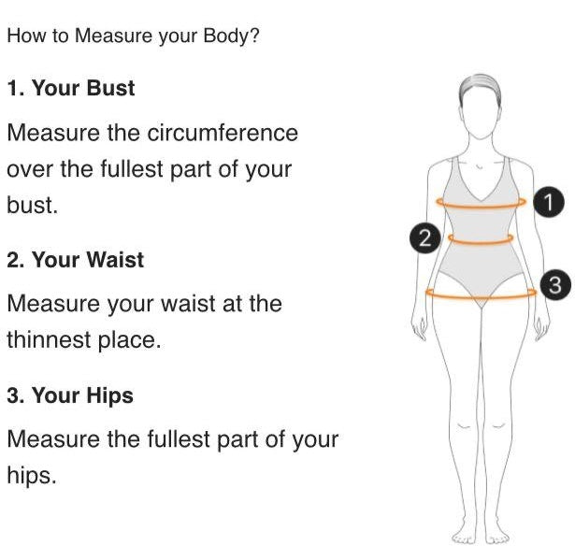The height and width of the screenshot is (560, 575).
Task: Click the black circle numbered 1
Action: (x=548, y=202)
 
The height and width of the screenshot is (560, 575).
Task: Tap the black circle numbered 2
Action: (x=425, y=238)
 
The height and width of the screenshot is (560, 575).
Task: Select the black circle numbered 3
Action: (x=555, y=285)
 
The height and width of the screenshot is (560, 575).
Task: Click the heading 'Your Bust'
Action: (x=83, y=89)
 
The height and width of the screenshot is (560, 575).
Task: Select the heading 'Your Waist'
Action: (x=88, y=260)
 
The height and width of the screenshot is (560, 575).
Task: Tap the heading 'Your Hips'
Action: (x=82, y=396)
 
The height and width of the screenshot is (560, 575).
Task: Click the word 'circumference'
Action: (x=223, y=133)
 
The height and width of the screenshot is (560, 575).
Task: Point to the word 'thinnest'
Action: (x=50, y=339)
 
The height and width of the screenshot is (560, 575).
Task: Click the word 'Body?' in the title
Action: (x=231, y=36)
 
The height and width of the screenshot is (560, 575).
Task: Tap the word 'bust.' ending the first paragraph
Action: (x=33, y=205)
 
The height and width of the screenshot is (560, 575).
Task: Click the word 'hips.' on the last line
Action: (x=32, y=475)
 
